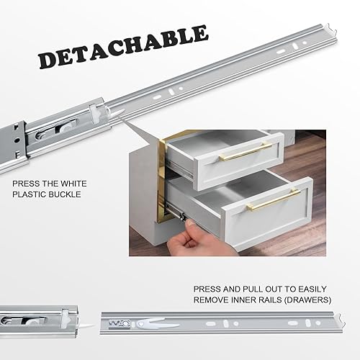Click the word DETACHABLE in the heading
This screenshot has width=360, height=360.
click(x=123, y=47)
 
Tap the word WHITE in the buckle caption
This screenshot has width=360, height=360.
click(x=73, y=184)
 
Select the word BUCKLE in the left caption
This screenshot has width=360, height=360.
click(x=66, y=194)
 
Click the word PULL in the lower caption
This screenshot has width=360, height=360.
click(x=253, y=289)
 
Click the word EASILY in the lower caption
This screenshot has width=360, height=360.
click(x=312, y=289)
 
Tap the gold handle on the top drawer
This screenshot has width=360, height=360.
click(x=246, y=151)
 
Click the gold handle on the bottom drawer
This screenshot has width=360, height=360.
click(x=274, y=199)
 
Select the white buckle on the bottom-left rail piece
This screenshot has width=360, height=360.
click(x=66, y=319)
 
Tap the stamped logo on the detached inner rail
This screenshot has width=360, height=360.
click(x=120, y=324)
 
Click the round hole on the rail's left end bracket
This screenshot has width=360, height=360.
click(x=16, y=140)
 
